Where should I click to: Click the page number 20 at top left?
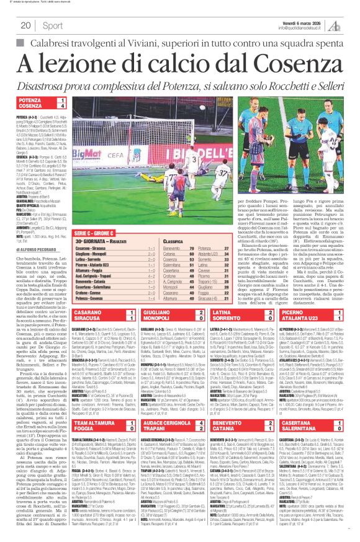26,25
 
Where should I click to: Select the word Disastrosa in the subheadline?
47,86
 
